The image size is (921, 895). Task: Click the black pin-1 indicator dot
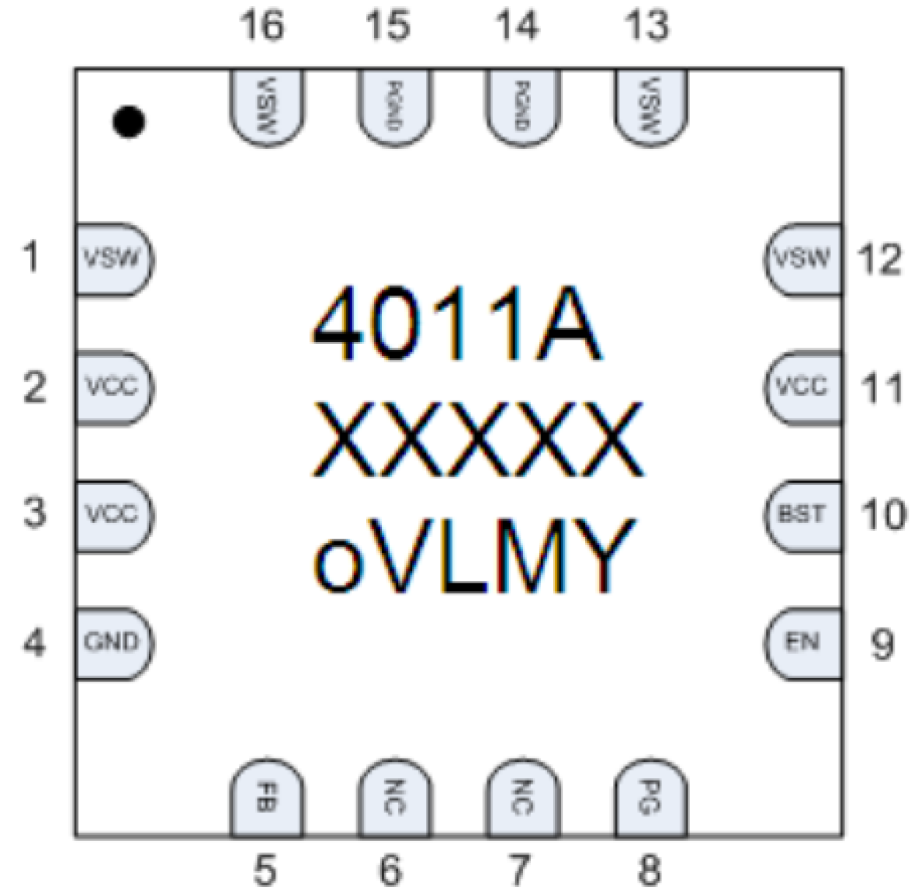point(129,123)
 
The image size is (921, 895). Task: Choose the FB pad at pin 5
point(266,798)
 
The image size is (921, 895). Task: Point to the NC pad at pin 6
point(394,798)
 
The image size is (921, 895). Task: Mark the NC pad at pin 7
point(522,798)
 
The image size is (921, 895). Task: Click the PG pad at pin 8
point(650,798)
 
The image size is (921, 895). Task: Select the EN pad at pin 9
point(803,643)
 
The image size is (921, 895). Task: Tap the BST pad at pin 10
point(803,514)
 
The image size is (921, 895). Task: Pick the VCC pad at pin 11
point(803,387)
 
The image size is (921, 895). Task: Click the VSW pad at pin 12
point(803,259)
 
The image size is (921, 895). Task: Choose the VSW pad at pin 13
point(650,106)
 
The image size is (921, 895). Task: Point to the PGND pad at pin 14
point(522,106)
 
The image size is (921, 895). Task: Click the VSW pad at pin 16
point(266,106)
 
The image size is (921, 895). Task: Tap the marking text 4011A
point(456,325)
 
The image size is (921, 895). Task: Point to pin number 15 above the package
point(388,26)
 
